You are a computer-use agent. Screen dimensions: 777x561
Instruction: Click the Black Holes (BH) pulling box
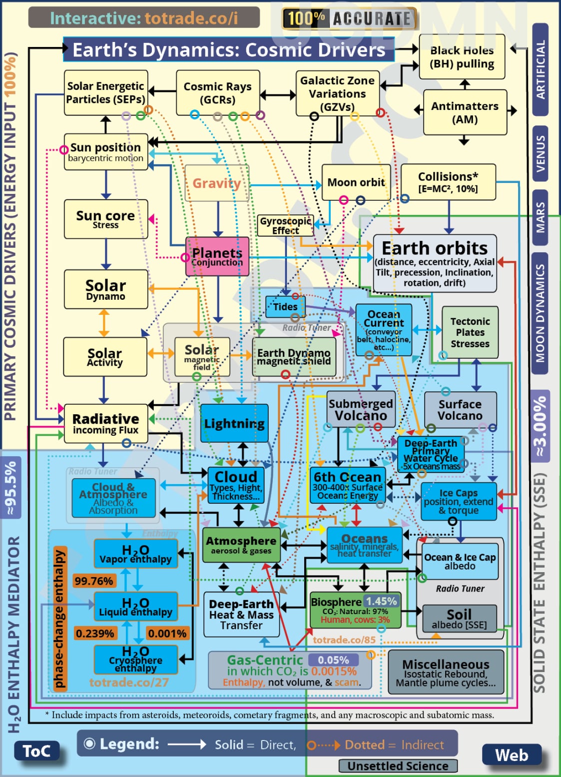[x=462, y=57]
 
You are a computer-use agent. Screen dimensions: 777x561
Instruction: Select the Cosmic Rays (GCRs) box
[x=217, y=93]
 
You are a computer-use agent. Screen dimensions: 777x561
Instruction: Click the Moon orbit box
[x=356, y=182]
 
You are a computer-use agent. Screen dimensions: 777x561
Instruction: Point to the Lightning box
[x=234, y=423]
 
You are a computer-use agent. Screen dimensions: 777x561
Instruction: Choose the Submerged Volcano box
[x=361, y=410]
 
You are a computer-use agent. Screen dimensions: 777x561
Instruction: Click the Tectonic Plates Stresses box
[x=470, y=332]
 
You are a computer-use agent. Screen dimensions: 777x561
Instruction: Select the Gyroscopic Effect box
[x=286, y=226]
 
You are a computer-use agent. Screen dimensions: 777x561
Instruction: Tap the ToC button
[x=37, y=751]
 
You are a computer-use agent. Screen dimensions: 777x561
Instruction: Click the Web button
[x=512, y=755]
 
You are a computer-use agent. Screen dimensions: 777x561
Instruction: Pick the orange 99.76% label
[x=94, y=581]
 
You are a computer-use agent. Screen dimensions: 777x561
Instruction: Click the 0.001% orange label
[x=167, y=634]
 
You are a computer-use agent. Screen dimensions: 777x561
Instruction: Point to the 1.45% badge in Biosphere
[x=382, y=601]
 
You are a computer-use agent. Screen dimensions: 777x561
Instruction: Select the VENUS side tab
[x=541, y=153]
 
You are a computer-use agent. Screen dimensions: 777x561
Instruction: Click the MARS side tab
[x=541, y=217]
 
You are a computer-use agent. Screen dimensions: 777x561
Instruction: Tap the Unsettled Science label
[x=398, y=766]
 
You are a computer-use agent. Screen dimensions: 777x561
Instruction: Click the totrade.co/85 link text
[x=344, y=640]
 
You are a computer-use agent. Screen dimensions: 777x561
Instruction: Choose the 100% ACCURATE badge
[x=349, y=19]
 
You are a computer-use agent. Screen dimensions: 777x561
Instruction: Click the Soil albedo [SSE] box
[x=459, y=619]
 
